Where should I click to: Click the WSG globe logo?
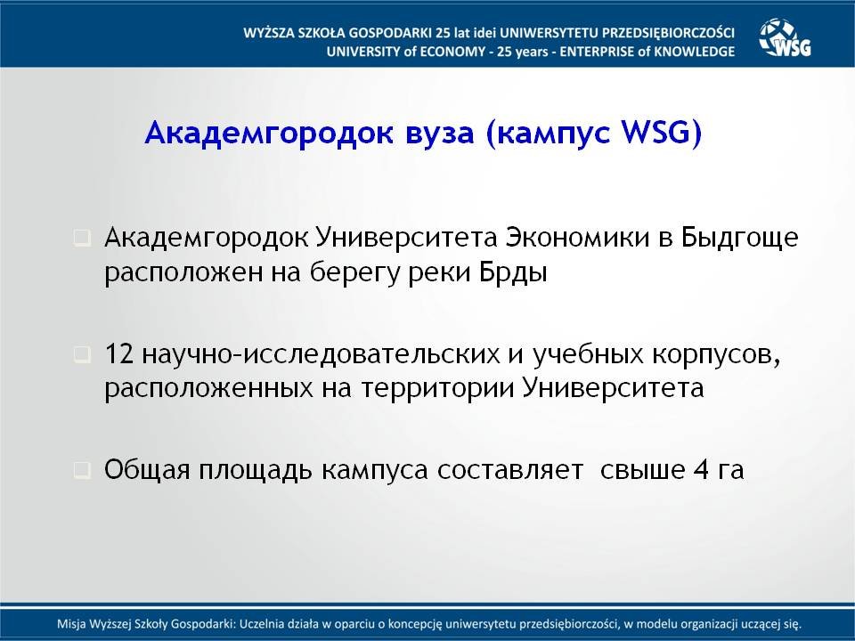(786, 37)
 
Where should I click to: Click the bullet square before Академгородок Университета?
(82, 239)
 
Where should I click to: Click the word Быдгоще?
(739, 239)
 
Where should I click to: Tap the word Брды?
(514, 272)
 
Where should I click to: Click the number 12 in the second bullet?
(118, 354)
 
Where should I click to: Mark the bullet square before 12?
(82, 355)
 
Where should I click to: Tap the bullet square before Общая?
(82, 470)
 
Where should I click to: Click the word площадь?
(256, 470)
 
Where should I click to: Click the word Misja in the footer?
(71, 624)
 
